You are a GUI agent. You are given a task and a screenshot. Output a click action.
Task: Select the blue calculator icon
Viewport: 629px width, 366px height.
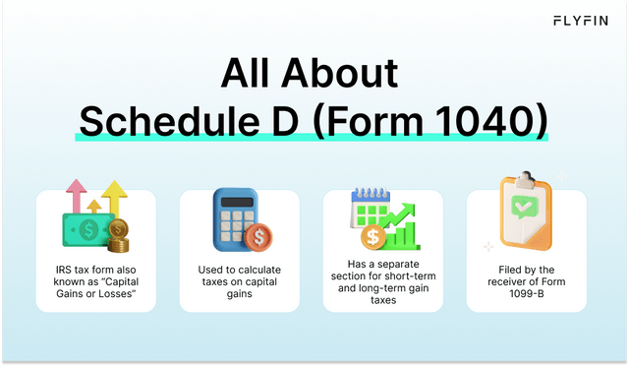233,216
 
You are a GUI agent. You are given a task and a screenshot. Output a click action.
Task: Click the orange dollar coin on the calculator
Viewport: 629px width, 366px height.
260,238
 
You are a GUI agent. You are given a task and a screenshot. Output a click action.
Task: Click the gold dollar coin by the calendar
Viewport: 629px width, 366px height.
373,237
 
